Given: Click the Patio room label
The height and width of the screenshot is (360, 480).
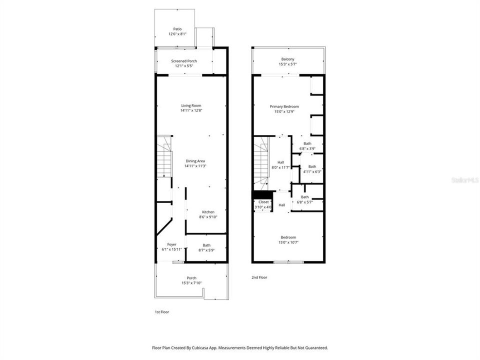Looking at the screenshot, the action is tap(177, 29).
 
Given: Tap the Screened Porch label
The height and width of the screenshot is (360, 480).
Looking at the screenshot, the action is tap(184, 61).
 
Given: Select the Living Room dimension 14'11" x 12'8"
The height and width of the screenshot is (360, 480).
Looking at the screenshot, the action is tap(191, 110).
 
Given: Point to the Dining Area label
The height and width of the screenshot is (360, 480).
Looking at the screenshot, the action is tap(195, 161).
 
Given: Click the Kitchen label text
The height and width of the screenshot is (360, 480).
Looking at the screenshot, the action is tap(208, 212).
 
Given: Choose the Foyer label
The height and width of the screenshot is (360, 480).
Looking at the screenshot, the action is tap(171, 244).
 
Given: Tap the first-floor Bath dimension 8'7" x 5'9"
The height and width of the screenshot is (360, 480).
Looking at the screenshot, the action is tap(206, 250).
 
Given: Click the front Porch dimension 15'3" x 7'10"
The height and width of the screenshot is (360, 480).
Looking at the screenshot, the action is tap(191, 283).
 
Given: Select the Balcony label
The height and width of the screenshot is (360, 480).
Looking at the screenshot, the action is tap(288, 59).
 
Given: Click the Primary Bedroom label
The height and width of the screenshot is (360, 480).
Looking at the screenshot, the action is tap(284, 106).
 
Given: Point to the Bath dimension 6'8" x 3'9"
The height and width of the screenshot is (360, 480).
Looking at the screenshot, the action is tap(307, 149).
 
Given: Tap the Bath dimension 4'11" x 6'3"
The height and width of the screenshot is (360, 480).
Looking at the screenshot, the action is tap(312, 171).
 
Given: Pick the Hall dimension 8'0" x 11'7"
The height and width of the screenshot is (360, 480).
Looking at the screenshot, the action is tap(280, 167).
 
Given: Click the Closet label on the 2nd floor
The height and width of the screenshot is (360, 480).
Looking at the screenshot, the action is tap(263, 202).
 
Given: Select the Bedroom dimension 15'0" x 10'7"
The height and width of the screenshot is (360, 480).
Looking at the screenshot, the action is tap(288, 242).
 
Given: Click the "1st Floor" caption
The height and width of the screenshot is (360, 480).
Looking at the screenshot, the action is tap(162, 312).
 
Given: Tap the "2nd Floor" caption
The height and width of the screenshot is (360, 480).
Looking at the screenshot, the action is tap(259, 277).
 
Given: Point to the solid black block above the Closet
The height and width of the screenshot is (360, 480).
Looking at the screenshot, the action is tap(262, 194).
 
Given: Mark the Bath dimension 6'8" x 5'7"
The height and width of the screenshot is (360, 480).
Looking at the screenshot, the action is tap(305, 202).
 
